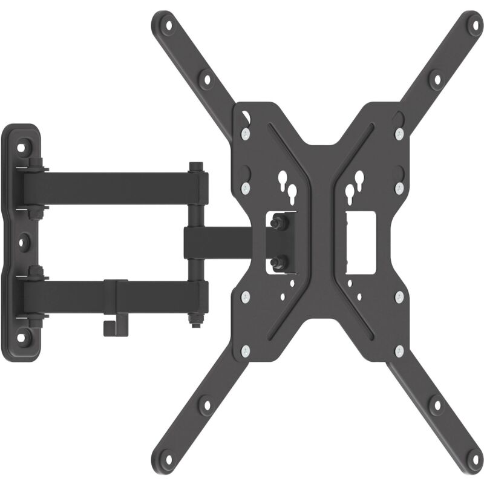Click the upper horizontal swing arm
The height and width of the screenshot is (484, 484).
tap(115, 181)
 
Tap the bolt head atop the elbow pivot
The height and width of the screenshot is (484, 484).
tap(195, 166)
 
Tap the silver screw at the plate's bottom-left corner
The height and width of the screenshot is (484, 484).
tap(245, 352)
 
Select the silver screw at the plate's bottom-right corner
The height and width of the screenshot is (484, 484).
tap(399, 351)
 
